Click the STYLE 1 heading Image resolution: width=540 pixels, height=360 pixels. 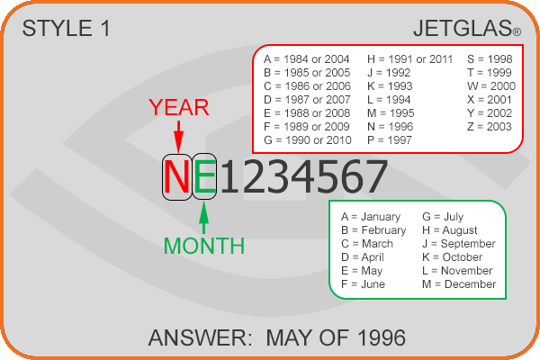[66, 28]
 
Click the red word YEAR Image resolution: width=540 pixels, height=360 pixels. [179, 107]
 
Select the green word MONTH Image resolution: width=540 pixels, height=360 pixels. [204, 246]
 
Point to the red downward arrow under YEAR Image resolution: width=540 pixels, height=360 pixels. [178, 137]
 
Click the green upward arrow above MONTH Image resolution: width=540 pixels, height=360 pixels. [204, 218]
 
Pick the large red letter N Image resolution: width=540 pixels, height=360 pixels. [177, 176]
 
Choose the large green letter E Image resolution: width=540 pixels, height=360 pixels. [204, 176]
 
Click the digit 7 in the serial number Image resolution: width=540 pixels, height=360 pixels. [375, 176]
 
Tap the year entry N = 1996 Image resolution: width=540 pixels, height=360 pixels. [391, 127]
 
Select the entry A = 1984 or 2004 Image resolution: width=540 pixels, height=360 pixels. [307, 59]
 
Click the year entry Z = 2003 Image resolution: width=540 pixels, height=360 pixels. [490, 127]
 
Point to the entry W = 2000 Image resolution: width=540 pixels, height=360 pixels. [491, 86]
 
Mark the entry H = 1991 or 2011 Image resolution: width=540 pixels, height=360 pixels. [409, 59]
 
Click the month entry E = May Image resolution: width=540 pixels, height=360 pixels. [362, 271]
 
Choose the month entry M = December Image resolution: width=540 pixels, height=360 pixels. [459, 284]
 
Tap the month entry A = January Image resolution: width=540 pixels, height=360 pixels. [371, 217]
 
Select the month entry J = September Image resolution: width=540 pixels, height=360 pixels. [459, 244]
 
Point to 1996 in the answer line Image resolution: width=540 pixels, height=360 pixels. [382, 338]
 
